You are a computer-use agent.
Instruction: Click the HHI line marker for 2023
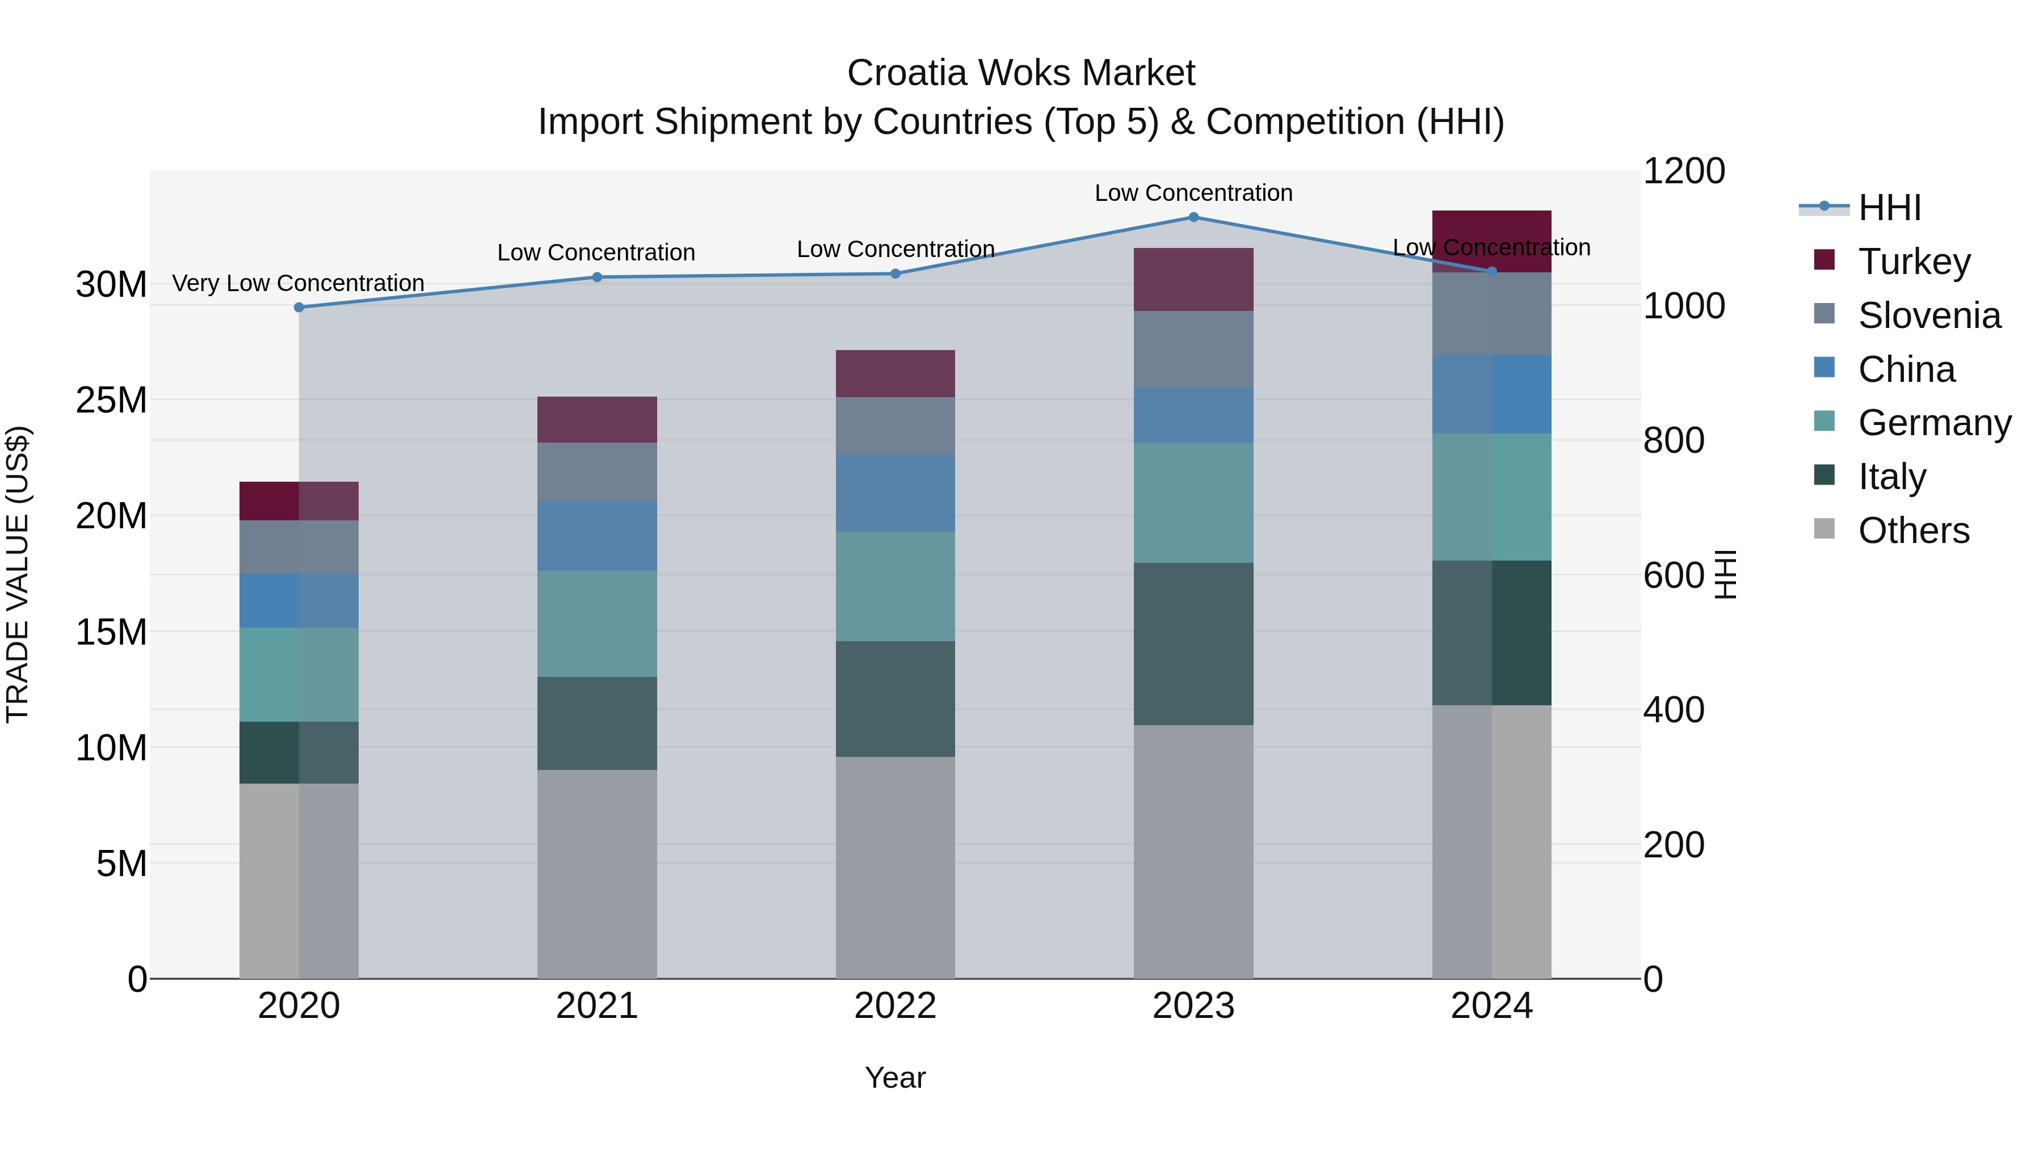tap(1193, 217)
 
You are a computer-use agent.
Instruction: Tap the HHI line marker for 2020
tap(299, 308)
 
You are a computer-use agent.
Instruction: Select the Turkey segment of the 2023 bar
tap(1193, 279)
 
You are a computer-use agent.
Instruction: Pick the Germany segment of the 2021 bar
tap(596, 623)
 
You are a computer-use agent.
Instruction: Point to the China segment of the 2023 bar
tap(1193, 415)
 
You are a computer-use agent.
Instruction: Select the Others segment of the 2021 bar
tap(596, 874)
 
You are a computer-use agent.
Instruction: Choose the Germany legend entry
tap(1933, 423)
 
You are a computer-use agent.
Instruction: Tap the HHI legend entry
tap(1888, 208)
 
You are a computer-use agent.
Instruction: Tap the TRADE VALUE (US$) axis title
tap(18, 574)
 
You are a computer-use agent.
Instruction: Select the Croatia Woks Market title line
tap(1021, 73)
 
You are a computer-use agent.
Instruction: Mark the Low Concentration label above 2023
tap(1193, 193)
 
